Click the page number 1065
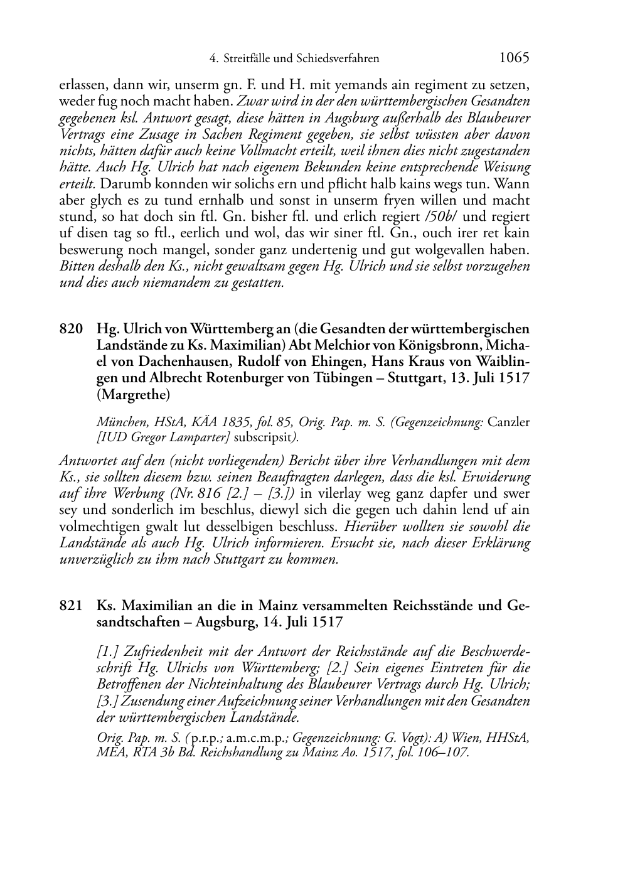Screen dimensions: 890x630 pyautogui.click(x=514, y=58)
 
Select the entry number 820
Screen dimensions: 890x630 pyautogui.click(x=70, y=329)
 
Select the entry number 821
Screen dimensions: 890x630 pyautogui.click(x=70, y=606)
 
